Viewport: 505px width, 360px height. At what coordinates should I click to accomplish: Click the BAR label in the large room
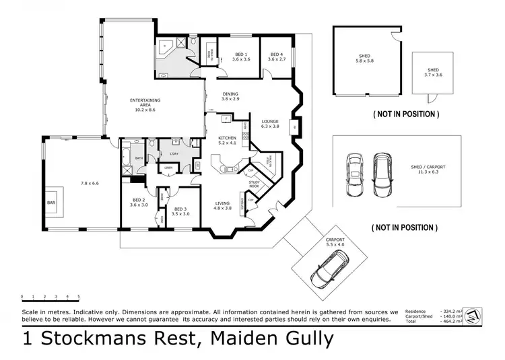pyautogui.click(x=51, y=201)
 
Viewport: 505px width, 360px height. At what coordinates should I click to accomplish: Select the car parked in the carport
pyautogui.click(x=325, y=271)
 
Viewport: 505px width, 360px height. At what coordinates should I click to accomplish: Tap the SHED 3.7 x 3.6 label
pyautogui.click(x=433, y=73)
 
